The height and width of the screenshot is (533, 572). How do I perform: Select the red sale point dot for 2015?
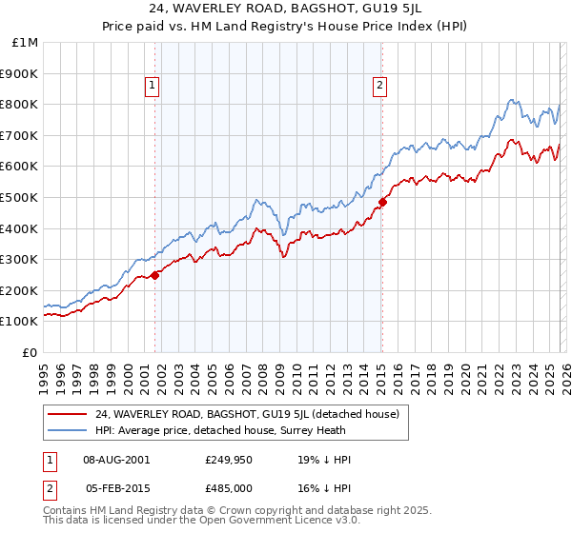382,202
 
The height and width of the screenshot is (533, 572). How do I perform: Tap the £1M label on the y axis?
26,42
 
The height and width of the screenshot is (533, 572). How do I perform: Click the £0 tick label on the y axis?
29,352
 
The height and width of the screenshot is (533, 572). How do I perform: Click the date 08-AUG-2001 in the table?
115,460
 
